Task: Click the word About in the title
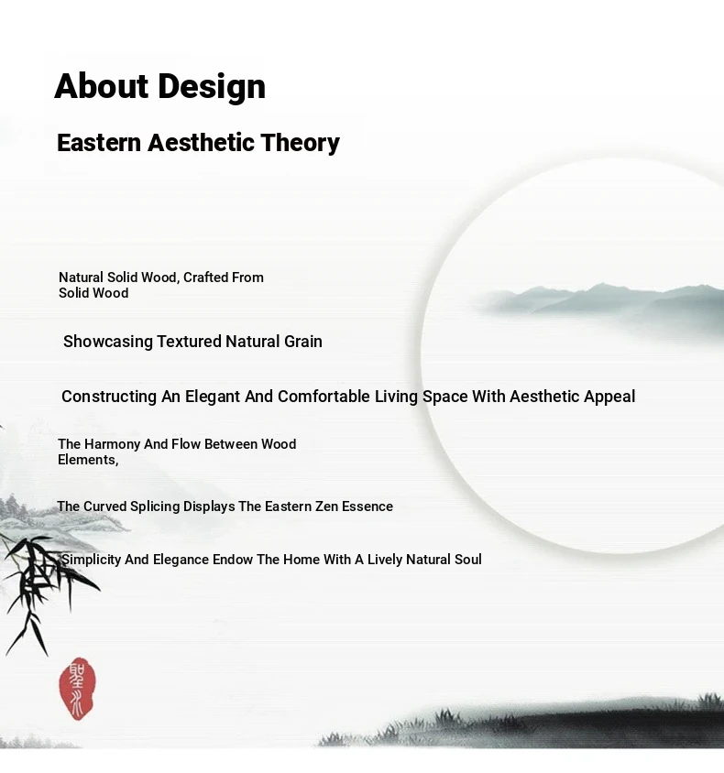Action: coord(101,86)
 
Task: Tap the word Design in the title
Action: coord(212,87)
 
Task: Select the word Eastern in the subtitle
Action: coord(99,143)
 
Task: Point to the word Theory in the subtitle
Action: coord(300,144)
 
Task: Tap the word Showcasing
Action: coord(108,342)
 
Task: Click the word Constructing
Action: coord(109,397)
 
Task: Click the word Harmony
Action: coord(112,444)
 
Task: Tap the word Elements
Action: coord(88,460)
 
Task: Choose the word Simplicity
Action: coord(91,560)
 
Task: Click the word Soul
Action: coord(467,560)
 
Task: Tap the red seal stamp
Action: coord(77,688)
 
